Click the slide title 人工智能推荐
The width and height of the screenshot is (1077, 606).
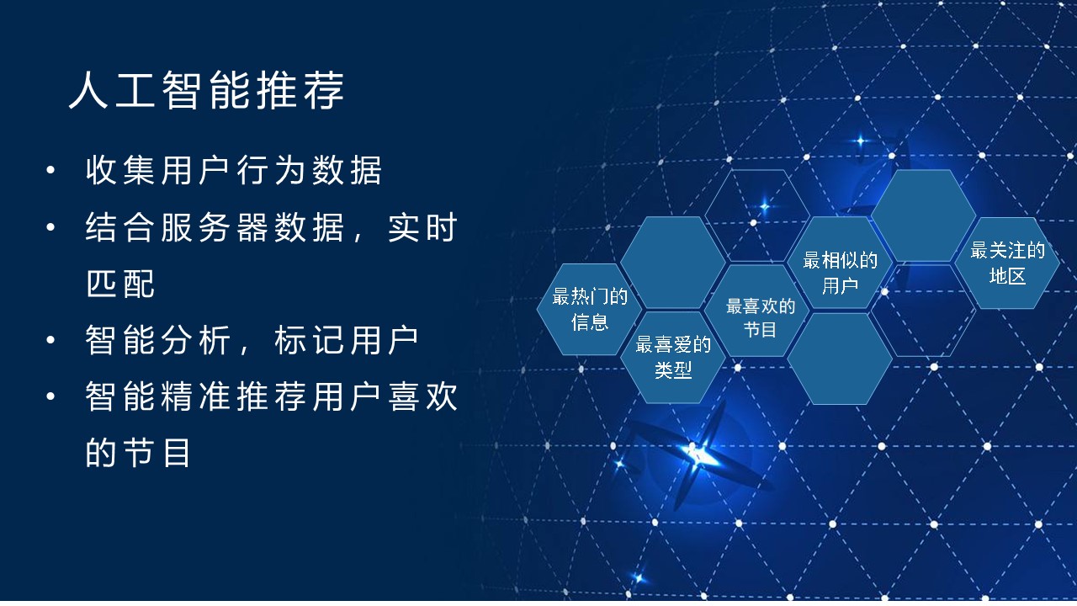(x=206, y=90)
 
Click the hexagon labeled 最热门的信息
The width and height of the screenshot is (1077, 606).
(x=590, y=309)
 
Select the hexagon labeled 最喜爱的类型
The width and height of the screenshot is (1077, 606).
(x=673, y=358)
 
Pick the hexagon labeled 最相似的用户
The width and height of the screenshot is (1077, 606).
(x=840, y=263)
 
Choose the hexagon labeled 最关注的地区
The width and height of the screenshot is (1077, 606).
(x=1007, y=263)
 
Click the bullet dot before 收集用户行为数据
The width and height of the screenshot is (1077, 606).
(x=51, y=170)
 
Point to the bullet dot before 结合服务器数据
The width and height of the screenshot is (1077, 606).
(x=51, y=227)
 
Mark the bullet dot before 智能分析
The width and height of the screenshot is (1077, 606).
(x=51, y=340)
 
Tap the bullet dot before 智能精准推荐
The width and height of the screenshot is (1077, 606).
(x=51, y=396)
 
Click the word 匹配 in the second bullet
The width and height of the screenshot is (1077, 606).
(x=120, y=284)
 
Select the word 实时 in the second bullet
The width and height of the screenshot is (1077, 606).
(x=422, y=227)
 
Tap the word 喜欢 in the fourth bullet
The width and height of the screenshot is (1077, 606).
(x=422, y=396)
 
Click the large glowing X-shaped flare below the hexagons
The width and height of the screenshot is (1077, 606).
(x=698, y=457)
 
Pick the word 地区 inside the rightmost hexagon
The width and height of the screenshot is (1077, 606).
(x=1008, y=276)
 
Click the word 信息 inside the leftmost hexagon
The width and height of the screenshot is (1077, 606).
(x=590, y=322)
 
